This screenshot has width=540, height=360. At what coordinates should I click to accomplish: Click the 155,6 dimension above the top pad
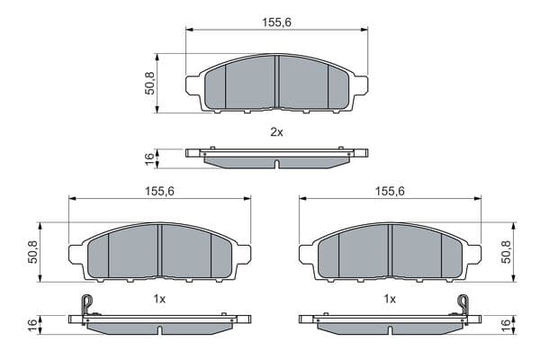click(276, 22)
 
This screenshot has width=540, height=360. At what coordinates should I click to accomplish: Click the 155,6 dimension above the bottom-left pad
click(159, 191)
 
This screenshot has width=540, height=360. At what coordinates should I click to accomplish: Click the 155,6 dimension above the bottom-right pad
click(390, 191)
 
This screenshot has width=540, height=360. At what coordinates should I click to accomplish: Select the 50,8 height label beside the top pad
click(149, 83)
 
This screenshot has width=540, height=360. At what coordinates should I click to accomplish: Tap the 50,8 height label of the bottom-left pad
click(32, 252)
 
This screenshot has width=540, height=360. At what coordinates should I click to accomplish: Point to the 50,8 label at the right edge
click(506, 252)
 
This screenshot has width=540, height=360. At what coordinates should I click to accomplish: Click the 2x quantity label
click(276, 132)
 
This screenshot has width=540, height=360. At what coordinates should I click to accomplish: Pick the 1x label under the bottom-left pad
click(159, 299)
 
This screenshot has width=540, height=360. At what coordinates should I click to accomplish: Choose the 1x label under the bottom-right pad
click(390, 299)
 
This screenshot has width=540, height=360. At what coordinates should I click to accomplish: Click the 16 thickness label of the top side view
click(149, 159)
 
